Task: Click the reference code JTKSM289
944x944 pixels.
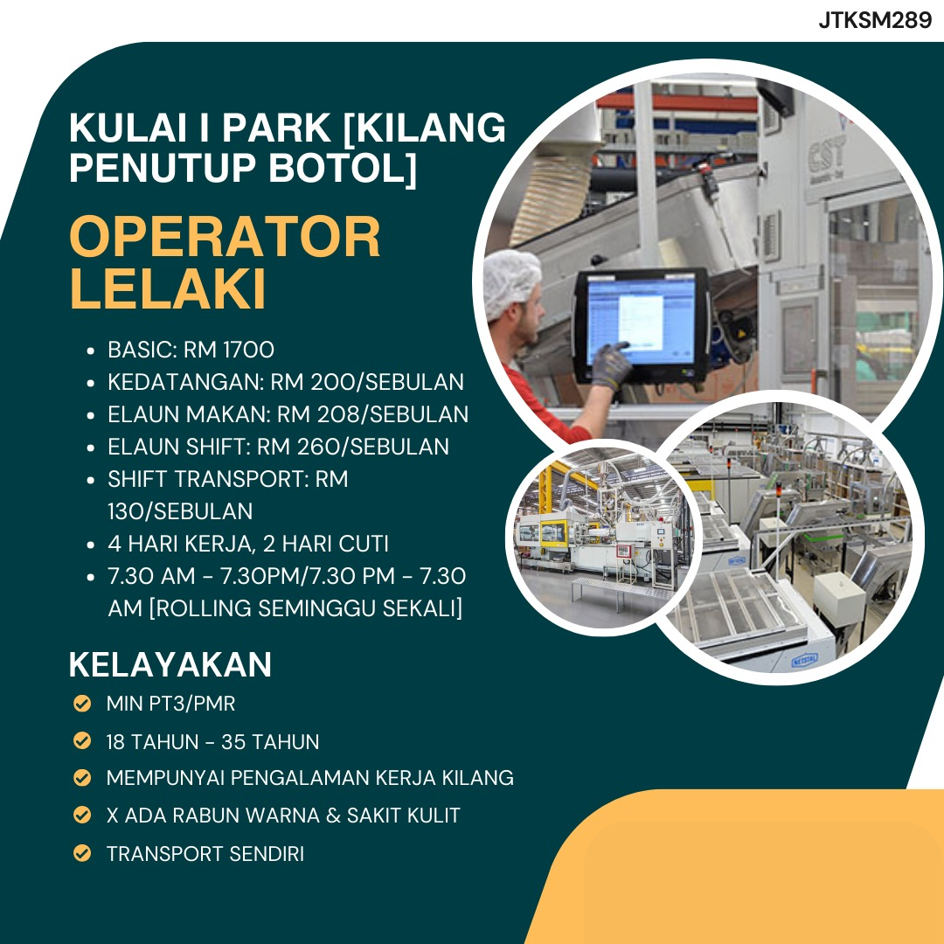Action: tap(875, 20)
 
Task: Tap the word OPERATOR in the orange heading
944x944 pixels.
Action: tap(226, 237)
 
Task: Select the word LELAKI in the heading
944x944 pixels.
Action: tap(168, 288)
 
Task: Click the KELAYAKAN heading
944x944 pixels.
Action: tap(170, 664)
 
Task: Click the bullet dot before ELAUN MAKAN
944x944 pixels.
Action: tap(91, 415)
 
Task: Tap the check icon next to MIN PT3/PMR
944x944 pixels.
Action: tap(82, 703)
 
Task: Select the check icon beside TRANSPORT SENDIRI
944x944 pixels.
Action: tap(82, 853)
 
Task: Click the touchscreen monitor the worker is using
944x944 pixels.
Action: tap(641, 326)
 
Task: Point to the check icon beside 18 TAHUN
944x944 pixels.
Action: tap(82, 740)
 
